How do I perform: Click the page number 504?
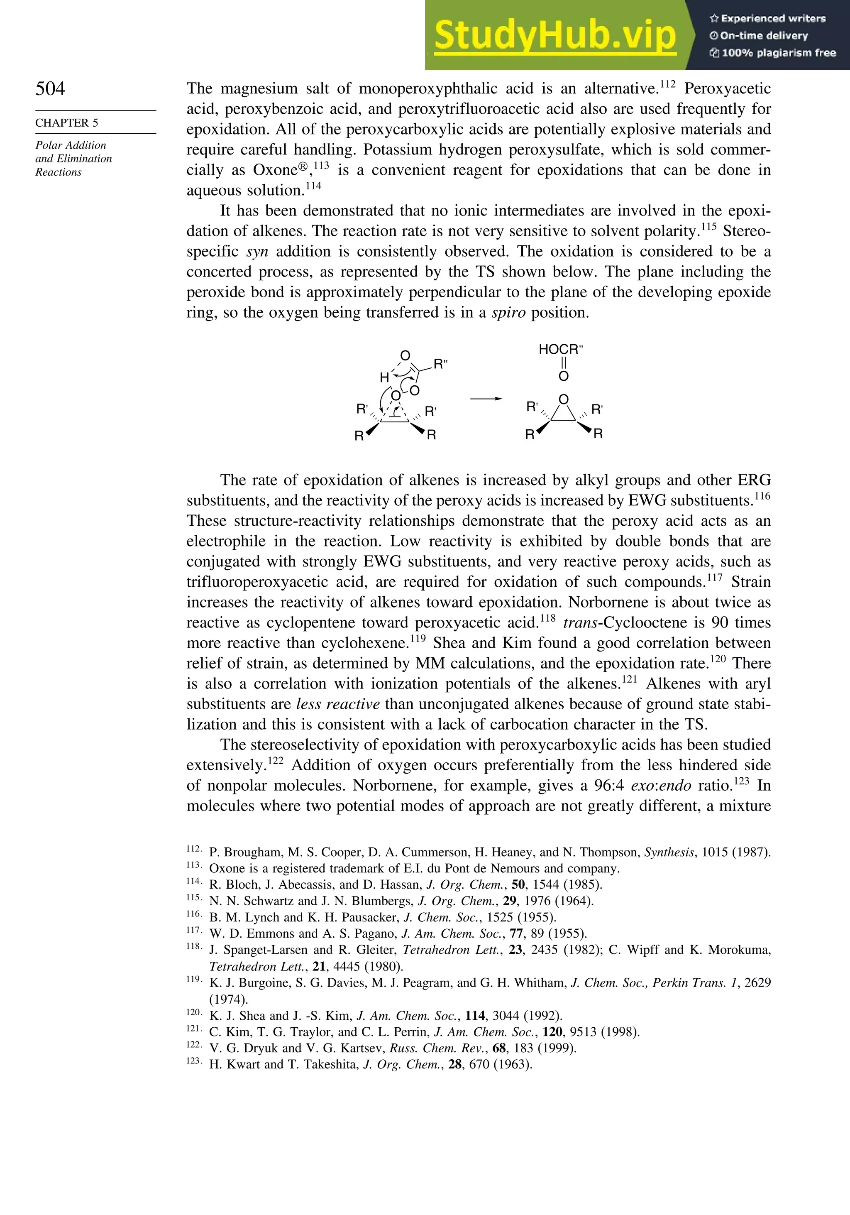(x=50, y=88)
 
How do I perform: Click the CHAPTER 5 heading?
(x=67, y=123)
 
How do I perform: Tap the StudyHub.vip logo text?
(x=554, y=35)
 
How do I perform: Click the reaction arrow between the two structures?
(x=486, y=399)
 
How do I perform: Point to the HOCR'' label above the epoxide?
(x=561, y=349)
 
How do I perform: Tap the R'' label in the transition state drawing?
(x=440, y=364)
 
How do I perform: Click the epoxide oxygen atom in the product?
(x=564, y=399)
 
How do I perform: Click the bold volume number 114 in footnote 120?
(x=475, y=1016)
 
